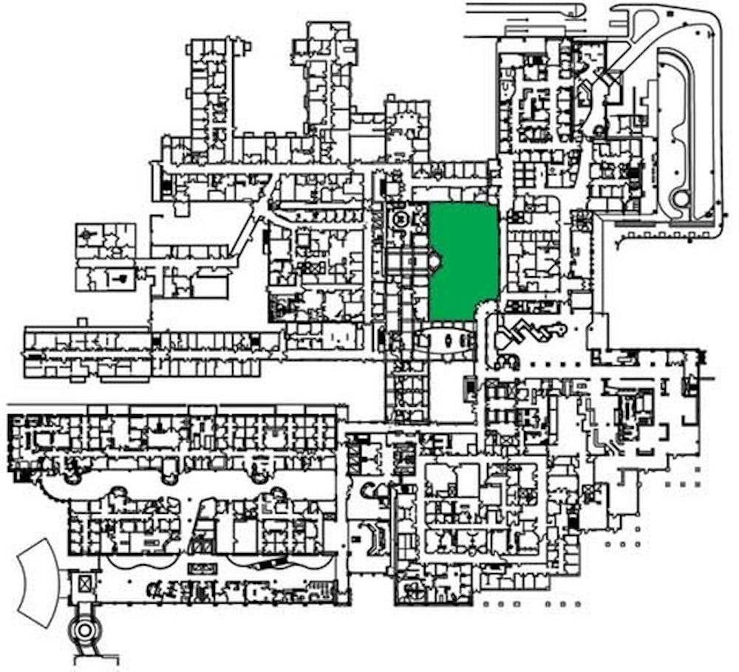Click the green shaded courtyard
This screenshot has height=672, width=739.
[x=464, y=260]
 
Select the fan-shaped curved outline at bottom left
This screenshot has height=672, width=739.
[x=38, y=583]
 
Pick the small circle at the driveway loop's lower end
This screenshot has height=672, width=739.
[x=680, y=198]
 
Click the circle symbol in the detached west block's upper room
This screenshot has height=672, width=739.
[x=90, y=235]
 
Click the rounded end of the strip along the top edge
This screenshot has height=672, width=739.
[x=581, y=10]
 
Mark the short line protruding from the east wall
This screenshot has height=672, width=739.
[x=709, y=379]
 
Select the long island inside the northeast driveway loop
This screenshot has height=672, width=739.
[x=676, y=126]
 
